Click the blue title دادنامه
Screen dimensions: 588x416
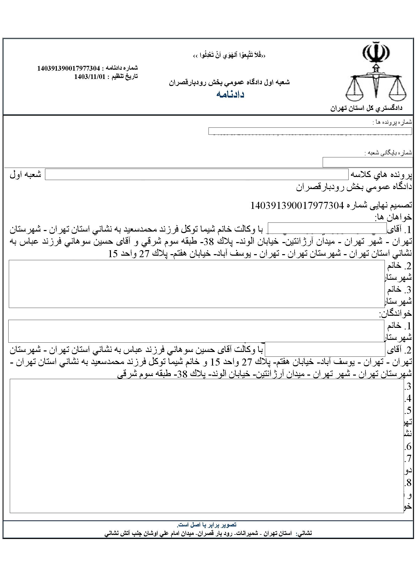[x=230, y=95]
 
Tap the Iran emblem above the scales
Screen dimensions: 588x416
[x=376, y=53]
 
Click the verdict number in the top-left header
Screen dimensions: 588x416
[x=68, y=68]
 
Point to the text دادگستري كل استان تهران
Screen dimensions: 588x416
[x=366, y=108]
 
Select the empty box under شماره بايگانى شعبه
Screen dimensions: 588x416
[x=367, y=162]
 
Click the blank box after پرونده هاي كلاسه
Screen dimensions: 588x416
[x=196, y=174]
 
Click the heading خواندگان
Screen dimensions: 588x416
[x=395, y=313]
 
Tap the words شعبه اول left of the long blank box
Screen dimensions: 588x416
[x=26, y=175]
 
